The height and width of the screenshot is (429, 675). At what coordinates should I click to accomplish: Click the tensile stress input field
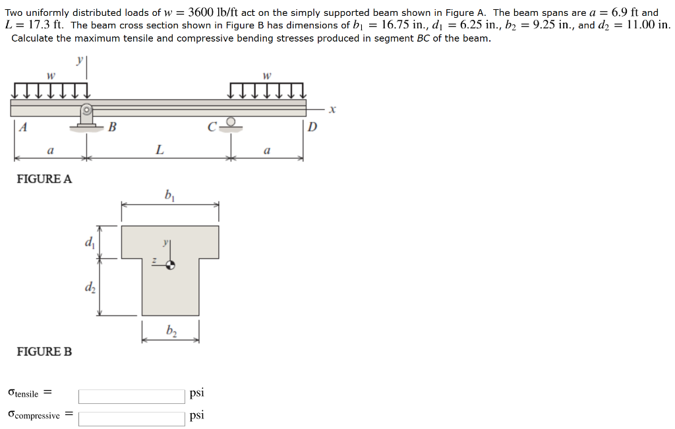point(132,396)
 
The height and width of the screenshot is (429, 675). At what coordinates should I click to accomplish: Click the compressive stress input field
point(132,418)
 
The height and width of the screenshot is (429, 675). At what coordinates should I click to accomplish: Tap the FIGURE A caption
point(44,179)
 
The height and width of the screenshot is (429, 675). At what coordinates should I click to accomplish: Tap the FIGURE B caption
point(44,352)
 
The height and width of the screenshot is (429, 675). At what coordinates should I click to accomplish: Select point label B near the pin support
point(112,127)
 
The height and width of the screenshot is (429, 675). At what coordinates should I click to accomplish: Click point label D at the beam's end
point(312,127)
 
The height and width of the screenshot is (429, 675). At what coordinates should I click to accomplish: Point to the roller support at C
point(230,123)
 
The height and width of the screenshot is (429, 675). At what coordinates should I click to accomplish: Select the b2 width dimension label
point(171,330)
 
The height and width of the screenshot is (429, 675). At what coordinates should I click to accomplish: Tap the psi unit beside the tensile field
point(196,393)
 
